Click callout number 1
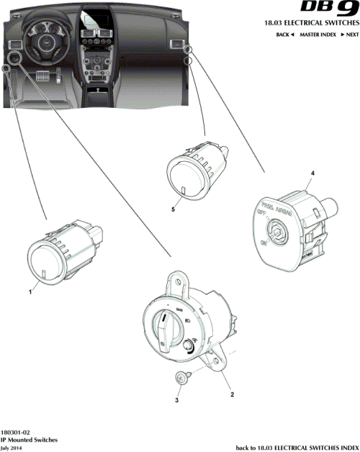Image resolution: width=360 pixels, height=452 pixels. click(x=30, y=292)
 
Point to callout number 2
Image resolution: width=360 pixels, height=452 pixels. click(x=231, y=394)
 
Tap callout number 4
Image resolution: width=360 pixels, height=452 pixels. click(x=312, y=174)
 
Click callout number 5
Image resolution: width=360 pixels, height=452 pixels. click(x=173, y=209)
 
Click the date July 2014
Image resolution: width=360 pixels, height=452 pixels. click(x=14, y=447)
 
